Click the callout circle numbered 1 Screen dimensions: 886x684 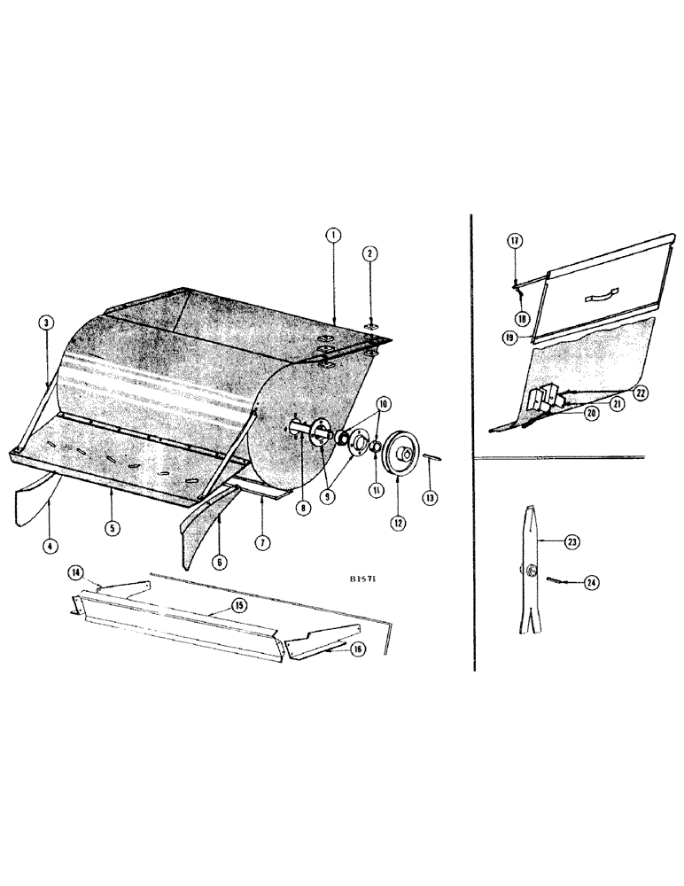coord(333,235)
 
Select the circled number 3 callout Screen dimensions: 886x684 coord(44,323)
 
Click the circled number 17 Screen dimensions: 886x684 coord(513,240)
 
